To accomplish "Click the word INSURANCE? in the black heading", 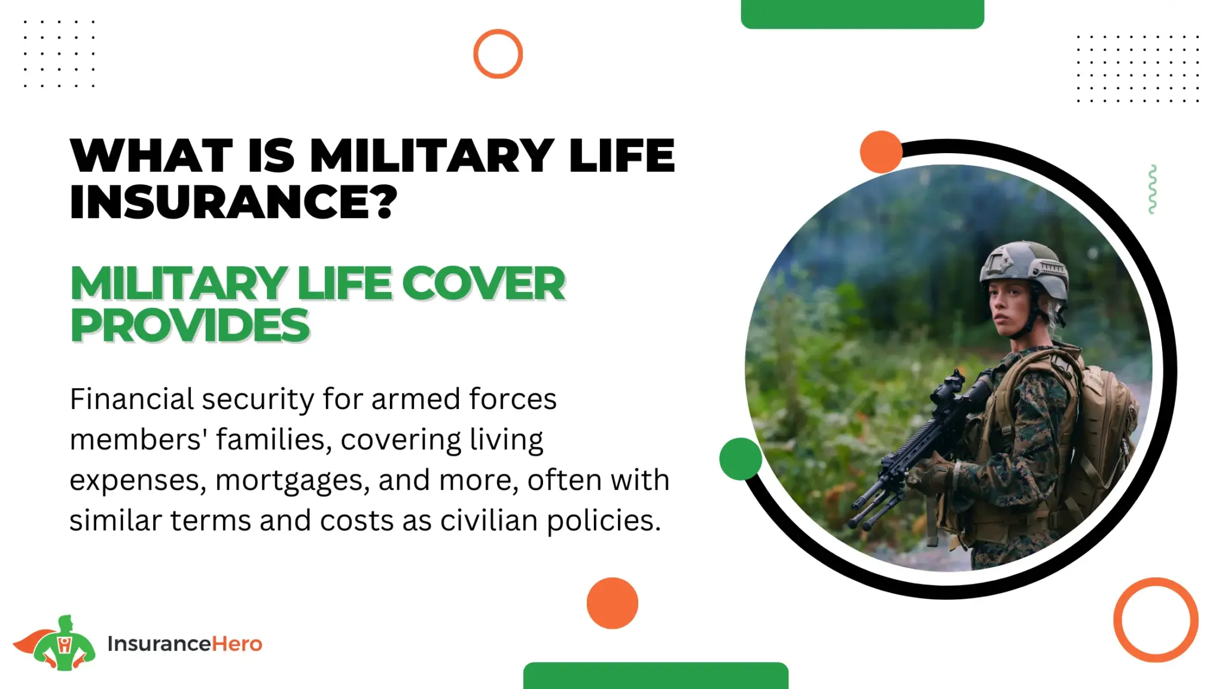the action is [233, 202].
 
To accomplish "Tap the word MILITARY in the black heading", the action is [432, 156].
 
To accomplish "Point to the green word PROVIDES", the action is [190, 325].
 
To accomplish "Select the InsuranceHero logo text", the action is [185, 644].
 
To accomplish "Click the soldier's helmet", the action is [1024, 269].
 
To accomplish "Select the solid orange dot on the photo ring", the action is [881, 152].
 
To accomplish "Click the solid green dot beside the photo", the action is [741, 459].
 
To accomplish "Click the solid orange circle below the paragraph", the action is [612, 603].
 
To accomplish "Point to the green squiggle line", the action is [1152, 189].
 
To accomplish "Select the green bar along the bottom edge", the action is [656, 676].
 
